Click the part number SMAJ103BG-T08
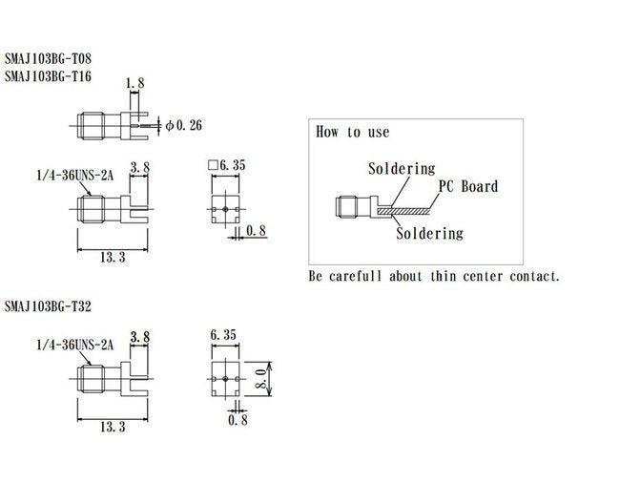pyautogui.click(x=52, y=59)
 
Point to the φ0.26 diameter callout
pyautogui.click(x=183, y=125)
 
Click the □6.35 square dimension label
pyautogui.click(x=227, y=165)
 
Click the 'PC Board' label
pyautogui.click(x=467, y=186)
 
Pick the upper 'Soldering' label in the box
pyautogui.click(x=402, y=169)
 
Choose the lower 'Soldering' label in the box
pyautogui.click(x=429, y=233)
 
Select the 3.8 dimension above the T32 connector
pyautogui.click(x=139, y=336)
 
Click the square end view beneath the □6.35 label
pyautogui.click(x=224, y=206)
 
